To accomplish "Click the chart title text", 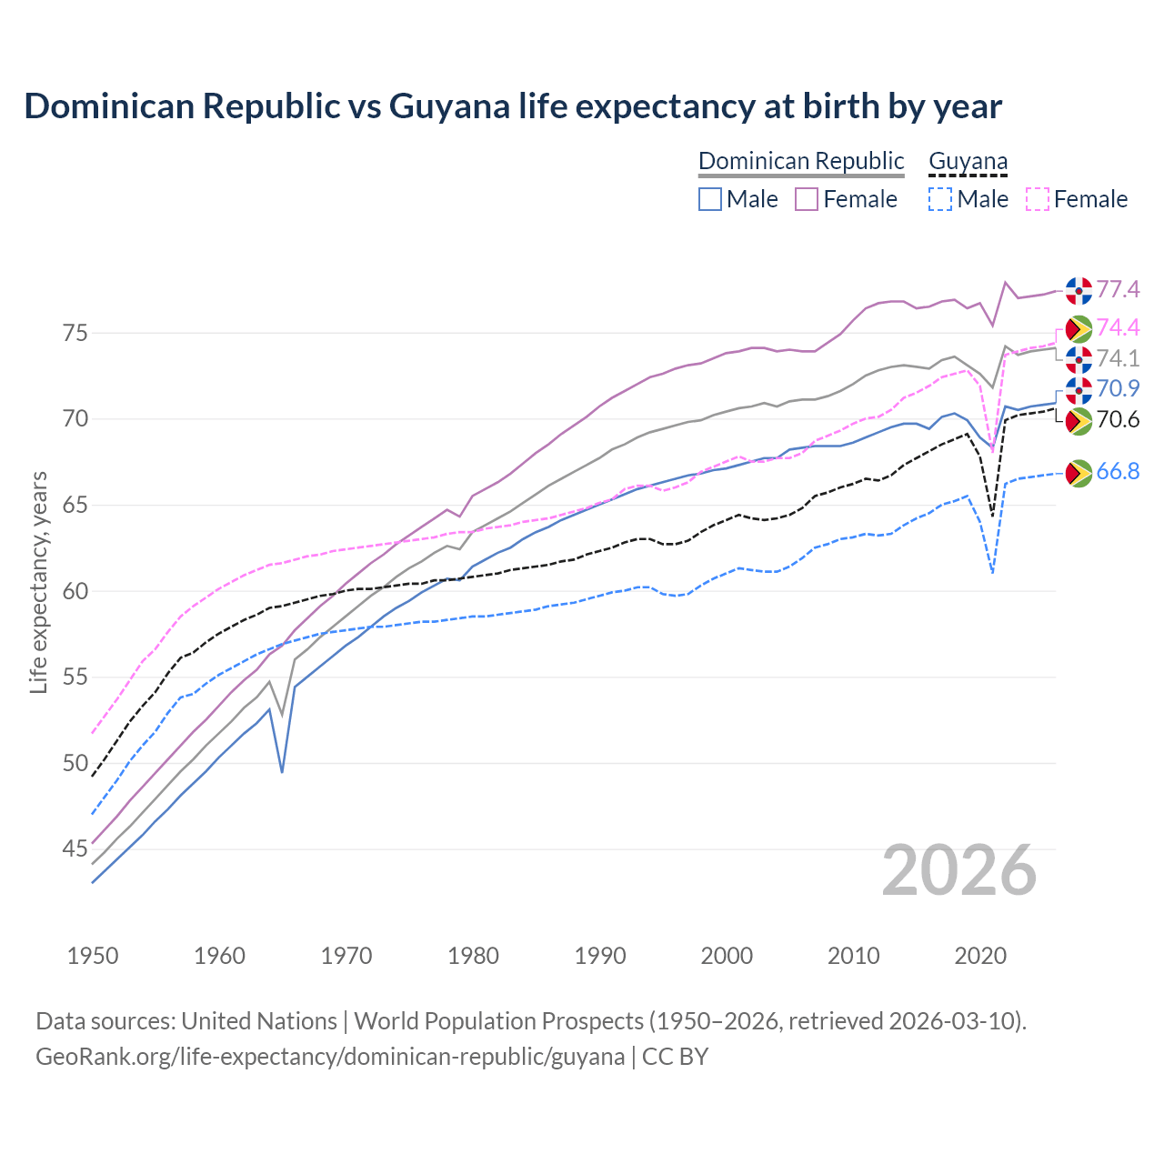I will click(513, 106).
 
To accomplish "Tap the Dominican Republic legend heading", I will click(801, 161).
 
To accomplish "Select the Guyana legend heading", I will click(968, 161).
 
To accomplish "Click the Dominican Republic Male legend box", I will click(710, 199).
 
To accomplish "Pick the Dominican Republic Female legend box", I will click(807, 199).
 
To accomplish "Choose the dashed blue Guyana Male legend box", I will click(940, 199).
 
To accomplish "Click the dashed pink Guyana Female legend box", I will click(1038, 199).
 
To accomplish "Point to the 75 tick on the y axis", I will click(75, 333).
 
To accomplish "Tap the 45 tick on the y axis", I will click(75, 849).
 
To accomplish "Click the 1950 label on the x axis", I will click(93, 956).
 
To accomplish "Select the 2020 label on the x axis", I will click(980, 956).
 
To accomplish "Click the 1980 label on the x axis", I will click(473, 956).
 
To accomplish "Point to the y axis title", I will click(38, 582).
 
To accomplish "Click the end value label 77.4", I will click(1118, 289).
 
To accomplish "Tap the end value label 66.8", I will click(1118, 471).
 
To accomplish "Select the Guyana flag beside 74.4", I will click(1079, 328).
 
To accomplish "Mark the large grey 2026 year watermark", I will click(958, 870).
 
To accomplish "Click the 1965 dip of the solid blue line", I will click(282, 771).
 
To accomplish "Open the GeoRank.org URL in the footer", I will click(330, 1057).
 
